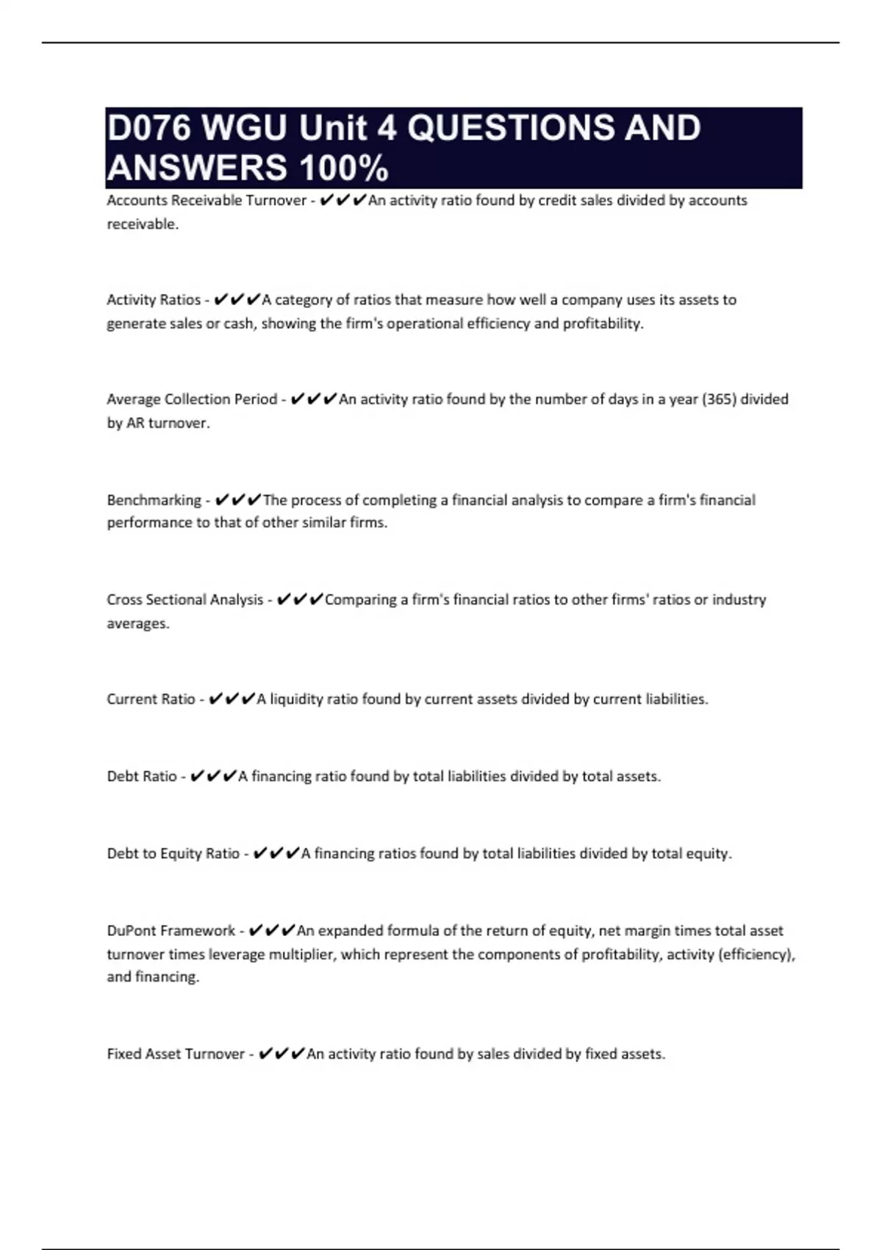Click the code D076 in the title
point(149,128)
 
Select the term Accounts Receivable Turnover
point(206,201)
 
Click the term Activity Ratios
point(153,300)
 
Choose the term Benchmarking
point(154,500)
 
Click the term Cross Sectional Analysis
point(184,600)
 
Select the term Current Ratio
point(151,699)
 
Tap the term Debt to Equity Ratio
point(173,854)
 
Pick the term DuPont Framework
point(171,931)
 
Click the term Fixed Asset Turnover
point(176,1054)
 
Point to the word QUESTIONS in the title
point(509,128)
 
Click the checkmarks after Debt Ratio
point(213,776)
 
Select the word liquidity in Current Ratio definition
point(296,699)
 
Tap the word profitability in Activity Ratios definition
point(602,324)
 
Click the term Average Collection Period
point(192,399)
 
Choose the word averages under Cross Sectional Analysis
point(137,624)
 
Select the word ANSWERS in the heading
point(197,168)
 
